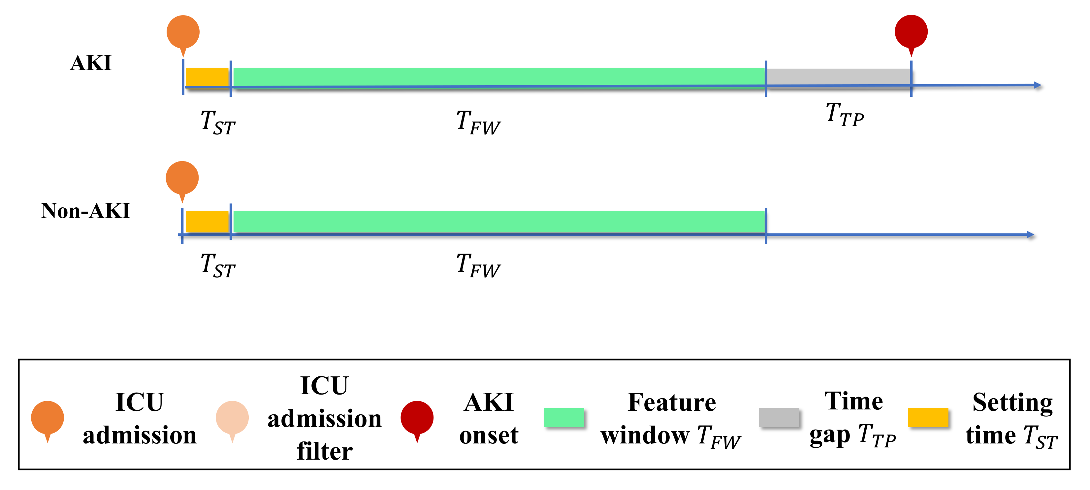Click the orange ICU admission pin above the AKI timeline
pyautogui.click(x=183, y=33)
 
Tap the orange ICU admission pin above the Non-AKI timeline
pyautogui.click(x=182, y=178)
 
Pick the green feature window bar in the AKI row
pyautogui.click(x=499, y=77)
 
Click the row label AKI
pyautogui.click(x=90, y=63)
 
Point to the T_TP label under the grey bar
pyautogui.click(x=845, y=115)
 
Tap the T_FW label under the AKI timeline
pyautogui.click(x=478, y=123)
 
